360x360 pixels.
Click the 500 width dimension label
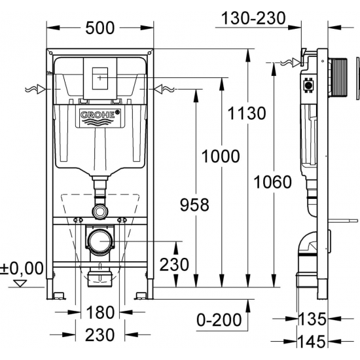(100, 28)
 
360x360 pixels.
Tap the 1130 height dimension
(247, 113)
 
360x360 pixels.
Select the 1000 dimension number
(221, 156)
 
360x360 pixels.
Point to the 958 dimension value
(194, 205)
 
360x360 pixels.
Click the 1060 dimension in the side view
(272, 182)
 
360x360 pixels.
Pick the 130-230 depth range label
(253, 18)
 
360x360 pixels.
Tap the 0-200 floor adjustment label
(219, 319)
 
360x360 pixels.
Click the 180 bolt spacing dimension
(100, 312)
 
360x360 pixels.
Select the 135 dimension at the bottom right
(312, 319)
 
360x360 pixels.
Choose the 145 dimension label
(312, 342)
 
